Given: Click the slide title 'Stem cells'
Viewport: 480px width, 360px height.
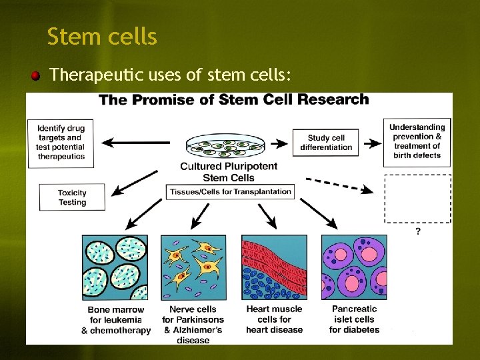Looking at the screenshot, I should (102, 37).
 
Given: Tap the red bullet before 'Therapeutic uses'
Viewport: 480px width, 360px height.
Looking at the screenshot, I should (34, 75).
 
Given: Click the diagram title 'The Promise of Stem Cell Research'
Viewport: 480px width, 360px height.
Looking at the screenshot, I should (233, 100).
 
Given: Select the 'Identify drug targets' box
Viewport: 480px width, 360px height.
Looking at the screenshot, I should (61, 142).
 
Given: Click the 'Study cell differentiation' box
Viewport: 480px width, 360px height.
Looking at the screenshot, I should (326, 143).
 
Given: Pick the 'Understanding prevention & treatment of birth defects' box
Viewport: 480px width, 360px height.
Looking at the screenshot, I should (417, 142).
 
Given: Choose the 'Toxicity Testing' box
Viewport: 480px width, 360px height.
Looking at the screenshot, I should (72, 197).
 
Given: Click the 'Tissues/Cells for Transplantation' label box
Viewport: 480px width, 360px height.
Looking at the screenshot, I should (230, 191).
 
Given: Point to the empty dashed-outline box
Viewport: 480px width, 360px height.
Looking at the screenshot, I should (417, 199).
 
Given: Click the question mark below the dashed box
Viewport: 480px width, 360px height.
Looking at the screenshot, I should (418, 231).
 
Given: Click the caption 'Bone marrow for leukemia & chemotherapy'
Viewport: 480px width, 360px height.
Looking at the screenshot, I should (115, 320).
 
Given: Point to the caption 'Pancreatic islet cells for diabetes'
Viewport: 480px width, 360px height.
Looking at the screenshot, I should (354, 319).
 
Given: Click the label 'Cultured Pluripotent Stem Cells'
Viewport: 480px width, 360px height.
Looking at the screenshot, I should (228, 172).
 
